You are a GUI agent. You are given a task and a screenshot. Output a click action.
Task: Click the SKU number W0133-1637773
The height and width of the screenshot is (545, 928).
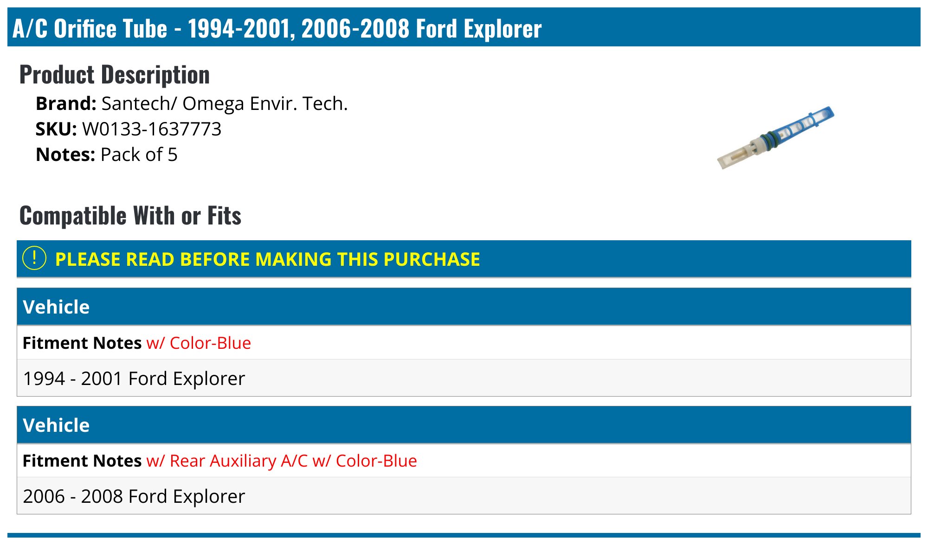coord(152,129)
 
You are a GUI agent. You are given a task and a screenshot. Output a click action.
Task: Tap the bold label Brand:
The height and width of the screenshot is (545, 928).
coord(66,104)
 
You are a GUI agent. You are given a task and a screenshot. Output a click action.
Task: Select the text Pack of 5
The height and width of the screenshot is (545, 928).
coord(139,155)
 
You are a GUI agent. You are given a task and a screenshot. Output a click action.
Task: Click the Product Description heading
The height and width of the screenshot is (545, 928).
coord(115,75)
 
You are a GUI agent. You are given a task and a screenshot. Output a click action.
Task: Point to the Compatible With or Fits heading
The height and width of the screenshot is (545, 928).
coord(130,216)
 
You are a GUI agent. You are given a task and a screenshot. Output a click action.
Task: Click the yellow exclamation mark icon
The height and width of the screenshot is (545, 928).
coord(34,258)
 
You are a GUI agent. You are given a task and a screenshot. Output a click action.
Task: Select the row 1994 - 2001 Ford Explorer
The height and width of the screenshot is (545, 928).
coord(134,378)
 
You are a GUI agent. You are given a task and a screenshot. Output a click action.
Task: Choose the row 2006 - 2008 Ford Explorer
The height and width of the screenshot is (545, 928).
coord(134,496)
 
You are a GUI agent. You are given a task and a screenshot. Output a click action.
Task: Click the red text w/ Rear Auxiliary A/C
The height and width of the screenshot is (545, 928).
coord(227,461)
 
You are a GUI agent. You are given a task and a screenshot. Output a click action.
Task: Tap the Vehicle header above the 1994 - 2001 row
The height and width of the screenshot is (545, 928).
coord(56,307)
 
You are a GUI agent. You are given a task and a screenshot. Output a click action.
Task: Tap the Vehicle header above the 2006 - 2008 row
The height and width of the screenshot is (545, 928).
coord(56,425)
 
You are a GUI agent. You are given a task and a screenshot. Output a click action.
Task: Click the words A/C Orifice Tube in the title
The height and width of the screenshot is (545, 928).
coord(90,29)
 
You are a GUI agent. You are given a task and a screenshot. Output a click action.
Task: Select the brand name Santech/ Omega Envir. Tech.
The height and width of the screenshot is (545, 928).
coord(225,104)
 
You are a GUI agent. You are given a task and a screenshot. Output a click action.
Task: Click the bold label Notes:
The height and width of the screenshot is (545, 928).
coord(65,155)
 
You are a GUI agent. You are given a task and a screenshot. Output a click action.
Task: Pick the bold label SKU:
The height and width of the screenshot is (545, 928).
coord(56,129)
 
